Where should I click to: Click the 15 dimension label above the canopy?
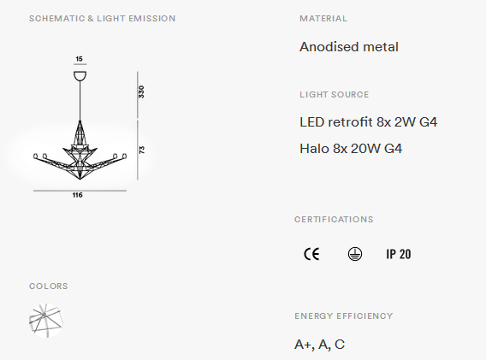click(79, 59)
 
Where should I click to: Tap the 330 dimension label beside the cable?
click(141, 92)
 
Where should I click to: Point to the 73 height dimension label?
click(142, 150)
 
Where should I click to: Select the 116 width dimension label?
click(78, 195)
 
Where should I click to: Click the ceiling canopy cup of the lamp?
click(80, 76)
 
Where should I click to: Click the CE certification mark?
click(311, 254)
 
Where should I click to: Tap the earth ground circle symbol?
click(355, 254)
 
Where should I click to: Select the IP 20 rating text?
click(398, 254)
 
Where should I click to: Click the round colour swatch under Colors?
click(46, 321)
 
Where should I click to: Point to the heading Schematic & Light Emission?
click(103, 19)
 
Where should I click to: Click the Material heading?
click(323, 19)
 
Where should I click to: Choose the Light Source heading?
click(334, 95)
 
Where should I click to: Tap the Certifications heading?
click(334, 220)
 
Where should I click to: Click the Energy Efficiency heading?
click(343, 316)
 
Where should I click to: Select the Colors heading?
click(49, 286)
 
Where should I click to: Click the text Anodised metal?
click(349, 47)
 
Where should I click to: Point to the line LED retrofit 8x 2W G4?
click(368, 122)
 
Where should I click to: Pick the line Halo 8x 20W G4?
click(351, 149)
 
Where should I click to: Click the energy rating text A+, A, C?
click(319, 345)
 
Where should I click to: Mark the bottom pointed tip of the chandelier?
click(80, 179)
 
